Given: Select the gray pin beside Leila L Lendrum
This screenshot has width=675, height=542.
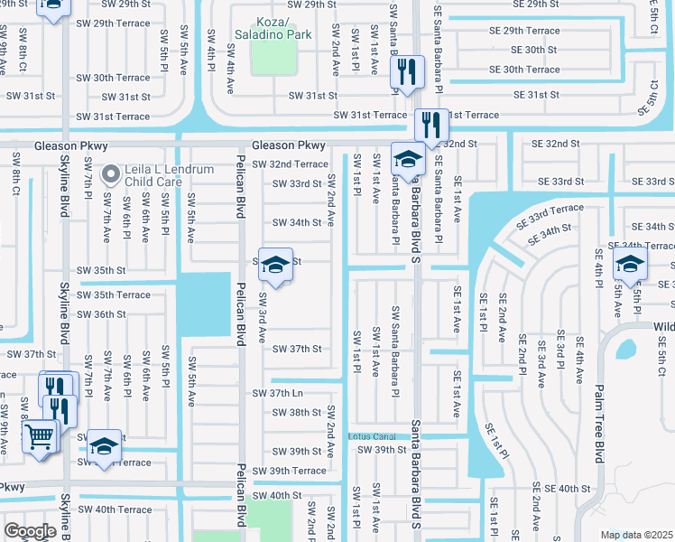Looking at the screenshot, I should [x=111, y=172].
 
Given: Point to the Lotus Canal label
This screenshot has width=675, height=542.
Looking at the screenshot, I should [x=373, y=436].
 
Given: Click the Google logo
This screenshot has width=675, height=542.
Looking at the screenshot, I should [x=29, y=531].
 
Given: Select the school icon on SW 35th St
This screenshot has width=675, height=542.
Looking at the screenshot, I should [x=276, y=264].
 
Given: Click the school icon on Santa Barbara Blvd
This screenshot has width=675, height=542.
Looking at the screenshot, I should [x=408, y=159].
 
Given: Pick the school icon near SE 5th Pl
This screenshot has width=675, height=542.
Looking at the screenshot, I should [x=629, y=264].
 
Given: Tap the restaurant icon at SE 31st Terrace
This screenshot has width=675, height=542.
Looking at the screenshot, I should [x=431, y=123].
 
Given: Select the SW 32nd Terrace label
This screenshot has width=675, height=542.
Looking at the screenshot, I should [x=290, y=164].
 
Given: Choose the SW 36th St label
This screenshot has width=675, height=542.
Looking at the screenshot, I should [x=101, y=314].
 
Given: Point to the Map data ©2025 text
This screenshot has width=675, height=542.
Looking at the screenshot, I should [x=636, y=535].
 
